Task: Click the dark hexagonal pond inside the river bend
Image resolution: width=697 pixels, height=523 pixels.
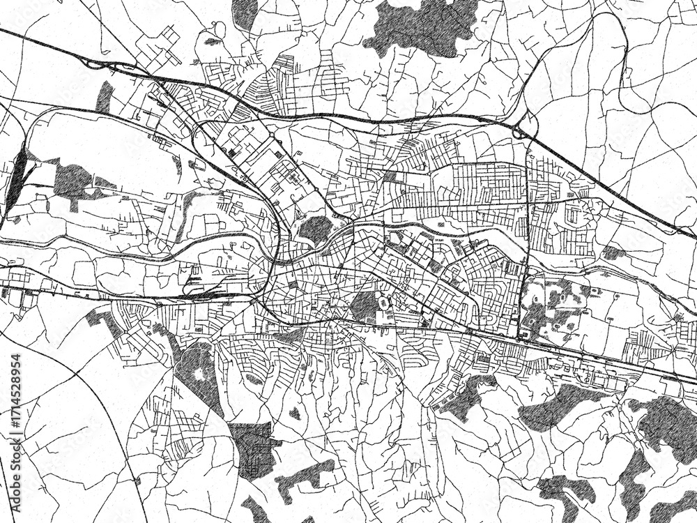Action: [315, 228]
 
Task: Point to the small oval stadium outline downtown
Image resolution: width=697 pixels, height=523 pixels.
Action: [384, 305]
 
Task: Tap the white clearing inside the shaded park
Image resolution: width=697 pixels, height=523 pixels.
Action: [200, 374]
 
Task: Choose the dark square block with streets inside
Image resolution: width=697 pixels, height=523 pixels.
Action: [252, 450]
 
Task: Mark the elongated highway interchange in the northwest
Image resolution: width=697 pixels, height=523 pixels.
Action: [112, 66]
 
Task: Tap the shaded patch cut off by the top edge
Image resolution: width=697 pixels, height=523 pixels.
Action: [244, 14]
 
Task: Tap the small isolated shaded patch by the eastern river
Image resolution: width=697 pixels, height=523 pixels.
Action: [613, 252]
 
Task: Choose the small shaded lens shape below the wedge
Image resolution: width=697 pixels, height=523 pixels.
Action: [254, 380]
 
